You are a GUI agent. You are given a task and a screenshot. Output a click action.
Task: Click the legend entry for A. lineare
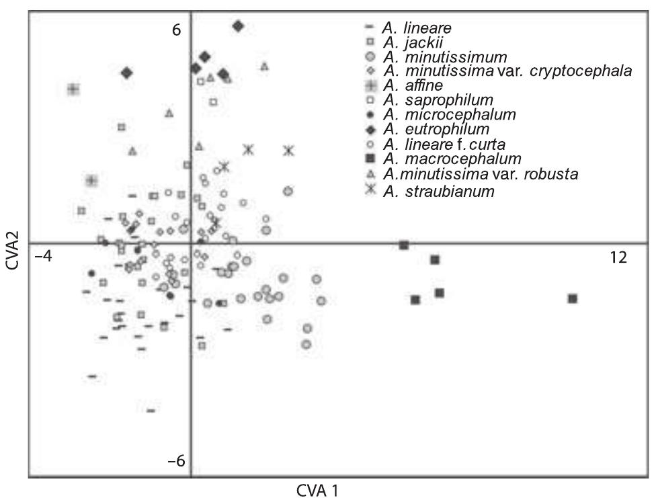pyautogui.click(x=417, y=28)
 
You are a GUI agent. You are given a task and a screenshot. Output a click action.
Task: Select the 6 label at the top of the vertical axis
pyautogui.click(x=176, y=30)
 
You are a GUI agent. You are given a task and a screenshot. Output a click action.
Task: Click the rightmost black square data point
pyautogui.click(x=573, y=298)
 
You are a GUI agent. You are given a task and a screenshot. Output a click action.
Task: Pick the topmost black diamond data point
pyautogui.click(x=238, y=26)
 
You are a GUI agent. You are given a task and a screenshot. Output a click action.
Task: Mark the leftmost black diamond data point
pyautogui.click(x=126, y=73)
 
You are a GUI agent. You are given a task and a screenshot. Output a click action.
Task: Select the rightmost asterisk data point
pyautogui.click(x=288, y=151)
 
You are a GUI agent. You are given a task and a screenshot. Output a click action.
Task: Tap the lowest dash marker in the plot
pyautogui.click(x=151, y=410)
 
